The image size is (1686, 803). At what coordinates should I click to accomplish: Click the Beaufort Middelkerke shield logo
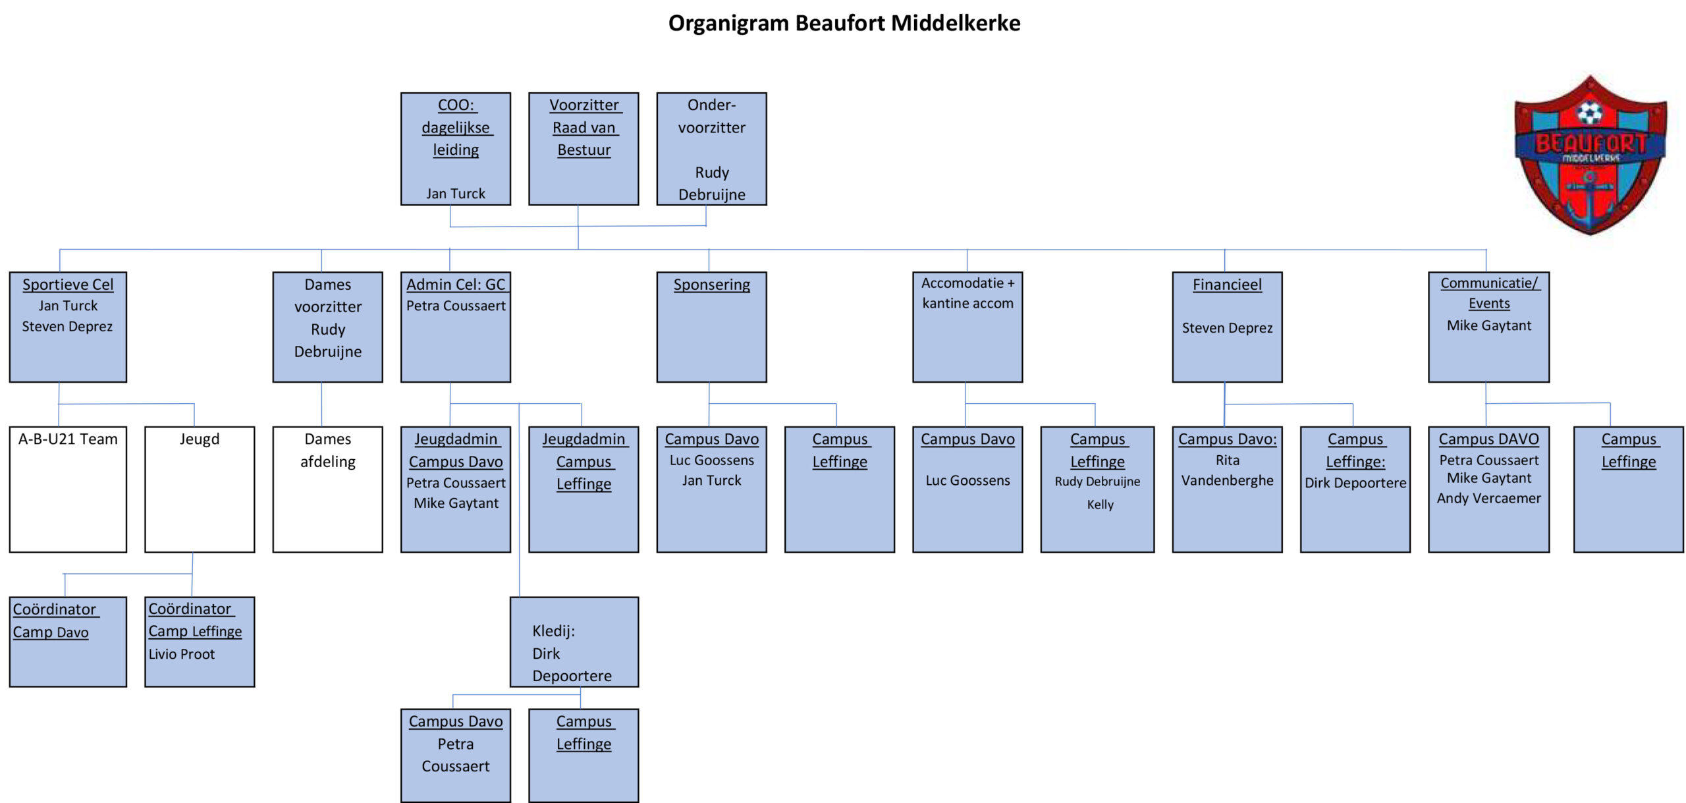pyautogui.click(x=1590, y=155)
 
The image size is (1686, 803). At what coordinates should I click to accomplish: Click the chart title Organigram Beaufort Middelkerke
pyautogui.click(x=844, y=24)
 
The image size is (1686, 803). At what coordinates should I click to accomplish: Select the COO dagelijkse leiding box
pyautogui.click(x=455, y=149)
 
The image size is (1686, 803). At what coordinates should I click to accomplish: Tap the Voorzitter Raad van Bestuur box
pyautogui.click(x=584, y=149)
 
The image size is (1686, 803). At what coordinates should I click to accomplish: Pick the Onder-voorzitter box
pyautogui.click(x=711, y=149)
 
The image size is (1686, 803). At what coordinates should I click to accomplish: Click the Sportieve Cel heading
pyautogui.click(x=68, y=285)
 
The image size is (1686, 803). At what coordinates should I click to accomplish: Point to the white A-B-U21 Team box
pyautogui.click(x=68, y=489)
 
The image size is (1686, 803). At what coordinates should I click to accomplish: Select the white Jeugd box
pyautogui.click(x=200, y=489)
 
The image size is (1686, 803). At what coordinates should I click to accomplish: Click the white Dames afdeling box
pyautogui.click(x=327, y=489)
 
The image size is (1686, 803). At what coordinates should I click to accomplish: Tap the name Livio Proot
pyautogui.click(x=182, y=654)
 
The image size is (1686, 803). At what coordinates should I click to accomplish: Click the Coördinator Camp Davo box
pyautogui.click(x=68, y=642)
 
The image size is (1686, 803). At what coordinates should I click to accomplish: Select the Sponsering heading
pyautogui.click(x=711, y=285)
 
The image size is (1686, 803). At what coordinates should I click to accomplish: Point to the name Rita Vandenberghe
pyautogui.click(x=1227, y=470)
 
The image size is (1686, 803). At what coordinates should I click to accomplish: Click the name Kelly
pyautogui.click(x=1100, y=505)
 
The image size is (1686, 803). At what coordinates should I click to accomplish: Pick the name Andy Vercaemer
pyautogui.click(x=1488, y=499)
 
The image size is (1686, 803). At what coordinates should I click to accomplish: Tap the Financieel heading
pyautogui.click(x=1227, y=285)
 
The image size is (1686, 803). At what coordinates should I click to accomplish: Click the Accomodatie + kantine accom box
pyautogui.click(x=967, y=327)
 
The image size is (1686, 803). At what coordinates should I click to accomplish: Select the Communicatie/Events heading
pyautogui.click(x=1488, y=293)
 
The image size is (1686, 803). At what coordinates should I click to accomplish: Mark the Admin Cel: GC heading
pyautogui.click(x=456, y=285)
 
